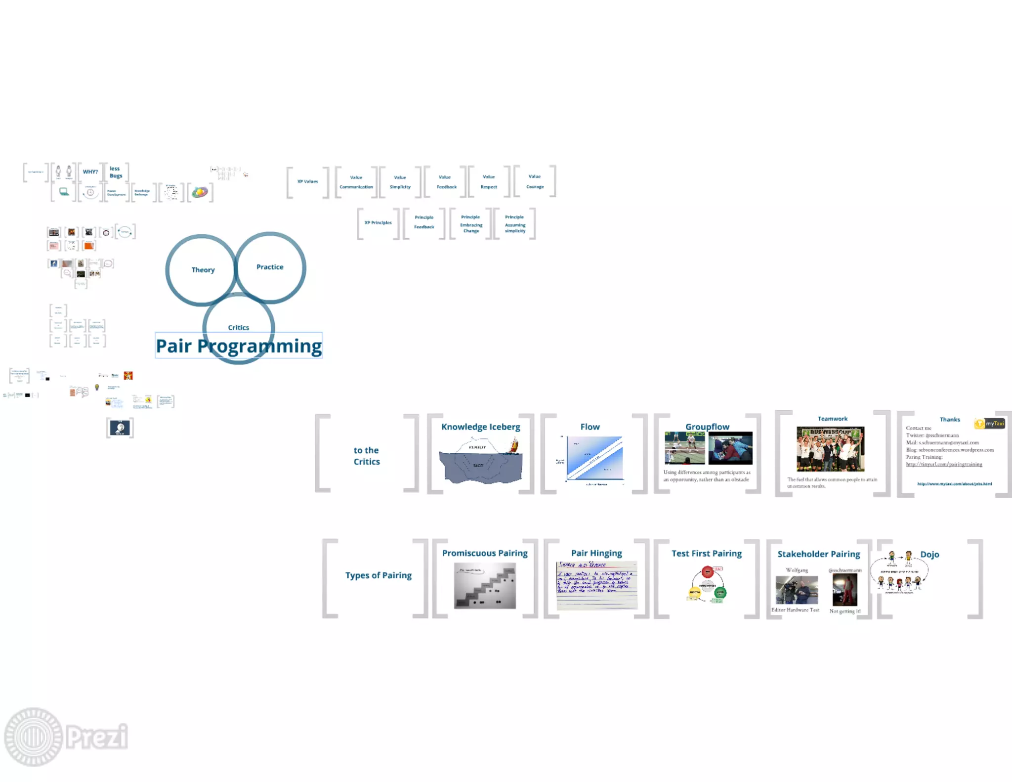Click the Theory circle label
pyautogui.click(x=203, y=270)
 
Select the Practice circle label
pyautogui.click(x=270, y=267)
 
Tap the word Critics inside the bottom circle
pyautogui.click(x=239, y=328)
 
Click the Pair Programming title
pyautogui.click(x=239, y=346)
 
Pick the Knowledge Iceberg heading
pyautogui.click(x=481, y=427)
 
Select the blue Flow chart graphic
pyautogui.click(x=594, y=458)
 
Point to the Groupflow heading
pyautogui.click(x=707, y=427)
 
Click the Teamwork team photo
pyautogui.click(x=831, y=449)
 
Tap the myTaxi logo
pyautogui.click(x=990, y=424)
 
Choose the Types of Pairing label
pyautogui.click(x=379, y=575)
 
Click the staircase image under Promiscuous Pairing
pyautogui.click(x=485, y=586)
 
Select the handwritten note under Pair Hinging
pyautogui.click(x=597, y=585)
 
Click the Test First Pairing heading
pyautogui.click(x=707, y=554)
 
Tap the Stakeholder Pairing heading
pyautogui.click(x=819, y=554)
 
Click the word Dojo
pyautogui.click(x=929, y=555)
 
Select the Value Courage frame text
pyautogui.click(x=535, y=181)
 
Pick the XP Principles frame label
pyautogui.click(x=378, y=223)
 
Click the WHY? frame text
pyautogui.click(x=90, y=172)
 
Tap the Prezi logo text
pyautogui.click(x=97, y=737)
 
